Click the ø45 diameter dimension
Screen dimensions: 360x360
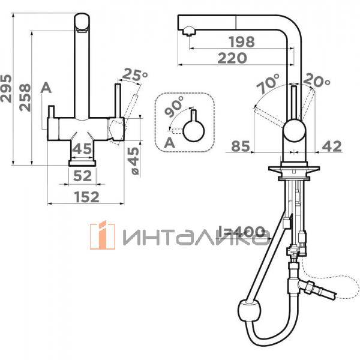(134, 161)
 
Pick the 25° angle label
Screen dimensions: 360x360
(134, 75)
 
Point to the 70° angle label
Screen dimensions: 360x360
(268, 83)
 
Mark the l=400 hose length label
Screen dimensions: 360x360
(244, 232)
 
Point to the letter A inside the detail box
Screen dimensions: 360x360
(169, 142)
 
